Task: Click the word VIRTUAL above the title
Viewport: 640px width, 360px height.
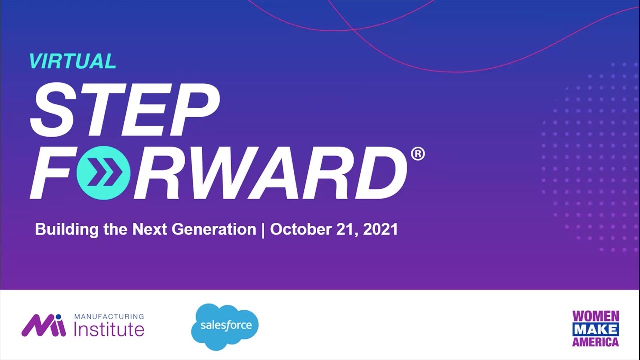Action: (x=72, y=61)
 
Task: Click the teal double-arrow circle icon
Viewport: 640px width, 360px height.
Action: (x=104, y=172)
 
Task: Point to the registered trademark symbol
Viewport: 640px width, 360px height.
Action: (x=418, y=154)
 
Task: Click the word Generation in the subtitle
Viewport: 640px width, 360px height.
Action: (x=214, y=230)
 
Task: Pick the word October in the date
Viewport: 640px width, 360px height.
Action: (x=299, y=230)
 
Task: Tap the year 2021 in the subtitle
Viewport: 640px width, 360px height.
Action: (x=380, y=230)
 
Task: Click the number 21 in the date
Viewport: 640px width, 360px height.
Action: (x=344, y=230)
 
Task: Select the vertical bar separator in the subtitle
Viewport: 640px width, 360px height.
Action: (x=263, y=230)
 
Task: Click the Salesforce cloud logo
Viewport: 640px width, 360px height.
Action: (x=225, y=326)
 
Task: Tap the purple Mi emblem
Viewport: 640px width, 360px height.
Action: (x=43, y=325)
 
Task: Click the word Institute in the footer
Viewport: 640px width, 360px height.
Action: (x=109, y=330)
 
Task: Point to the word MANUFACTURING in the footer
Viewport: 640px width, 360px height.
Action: (x=109, y=317)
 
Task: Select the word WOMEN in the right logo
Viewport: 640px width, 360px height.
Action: (x=595, y=316)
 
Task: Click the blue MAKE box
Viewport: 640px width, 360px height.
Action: (x=595, y=329)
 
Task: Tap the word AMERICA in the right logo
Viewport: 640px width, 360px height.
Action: (x=595, y=342)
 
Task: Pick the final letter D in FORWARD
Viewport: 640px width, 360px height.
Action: (x=381, y=172)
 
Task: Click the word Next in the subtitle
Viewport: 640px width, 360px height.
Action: (x=151, y=230)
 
